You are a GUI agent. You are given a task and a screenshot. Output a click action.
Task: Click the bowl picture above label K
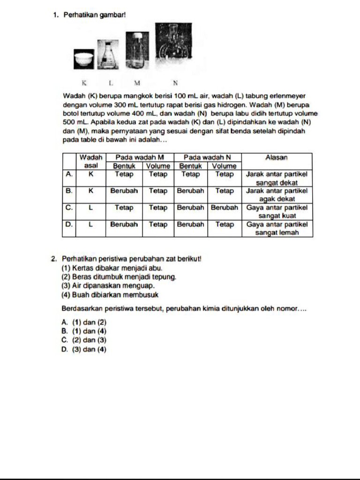click(85, 58)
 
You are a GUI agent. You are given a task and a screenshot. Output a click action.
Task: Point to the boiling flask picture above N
click(174, 46)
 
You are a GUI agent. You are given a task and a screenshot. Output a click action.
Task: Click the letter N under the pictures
click(175, 83)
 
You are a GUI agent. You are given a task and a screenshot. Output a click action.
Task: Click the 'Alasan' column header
click(277, 158)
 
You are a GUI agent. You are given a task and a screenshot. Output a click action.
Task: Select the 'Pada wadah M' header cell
click(140, 157)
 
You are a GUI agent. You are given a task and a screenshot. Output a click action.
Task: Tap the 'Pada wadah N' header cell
click(207, 157)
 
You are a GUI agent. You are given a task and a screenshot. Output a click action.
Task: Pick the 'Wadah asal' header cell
click(91, 161)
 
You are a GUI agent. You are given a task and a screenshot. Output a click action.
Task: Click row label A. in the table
click(69, 174)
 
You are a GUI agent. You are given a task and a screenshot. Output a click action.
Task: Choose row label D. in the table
click(69, 225)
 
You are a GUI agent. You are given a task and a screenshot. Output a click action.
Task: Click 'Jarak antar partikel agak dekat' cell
click(277, 195)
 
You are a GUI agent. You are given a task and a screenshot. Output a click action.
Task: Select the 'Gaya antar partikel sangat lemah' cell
click(277, 229)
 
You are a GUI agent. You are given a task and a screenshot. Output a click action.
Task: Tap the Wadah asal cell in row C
click(91, 208)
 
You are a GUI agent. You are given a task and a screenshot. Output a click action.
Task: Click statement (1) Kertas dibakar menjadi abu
click(112, 268)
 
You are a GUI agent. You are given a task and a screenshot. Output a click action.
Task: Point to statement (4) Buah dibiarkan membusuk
click(110, 295)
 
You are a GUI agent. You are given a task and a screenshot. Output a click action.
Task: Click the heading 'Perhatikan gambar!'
click(95, 15)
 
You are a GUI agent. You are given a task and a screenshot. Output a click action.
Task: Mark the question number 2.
click(55, 258)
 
